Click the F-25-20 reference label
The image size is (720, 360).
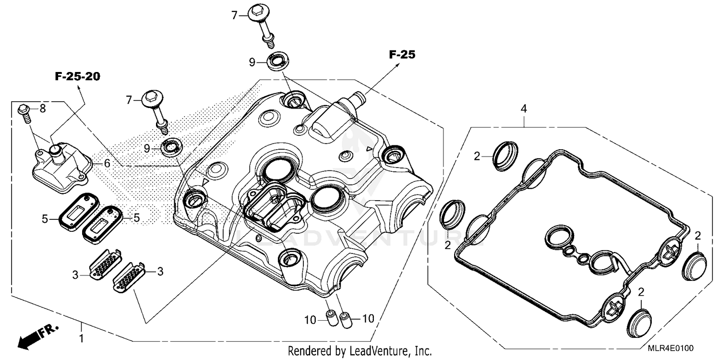[77, 77]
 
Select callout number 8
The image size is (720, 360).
[42, 109]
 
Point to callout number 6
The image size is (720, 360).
[107, 163]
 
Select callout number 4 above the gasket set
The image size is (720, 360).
[524, 109]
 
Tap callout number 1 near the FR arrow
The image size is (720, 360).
[81, 338]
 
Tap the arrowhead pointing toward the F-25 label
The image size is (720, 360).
[396, 68]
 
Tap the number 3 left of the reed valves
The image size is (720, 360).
[75, 275]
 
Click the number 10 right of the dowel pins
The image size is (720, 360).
[368, 318]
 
